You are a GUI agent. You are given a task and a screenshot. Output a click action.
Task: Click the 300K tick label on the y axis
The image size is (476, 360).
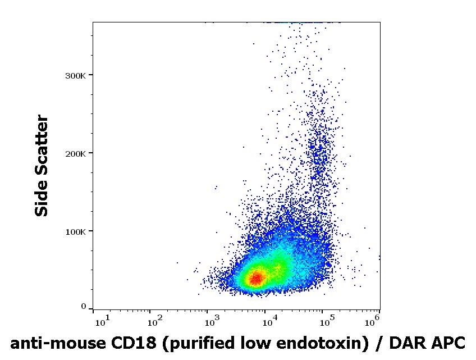click(76, 76)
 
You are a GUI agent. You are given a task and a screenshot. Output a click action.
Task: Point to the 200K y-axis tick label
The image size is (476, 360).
click(76, 154)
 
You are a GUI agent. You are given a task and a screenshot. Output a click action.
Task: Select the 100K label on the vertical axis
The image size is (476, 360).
click(76, 232)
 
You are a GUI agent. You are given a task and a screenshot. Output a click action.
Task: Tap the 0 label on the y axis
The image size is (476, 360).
click(84, 307)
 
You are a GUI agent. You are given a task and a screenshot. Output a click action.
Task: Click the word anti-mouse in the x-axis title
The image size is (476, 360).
click(58, 344)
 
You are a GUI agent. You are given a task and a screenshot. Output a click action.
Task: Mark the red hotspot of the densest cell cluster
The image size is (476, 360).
click(257, 278)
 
